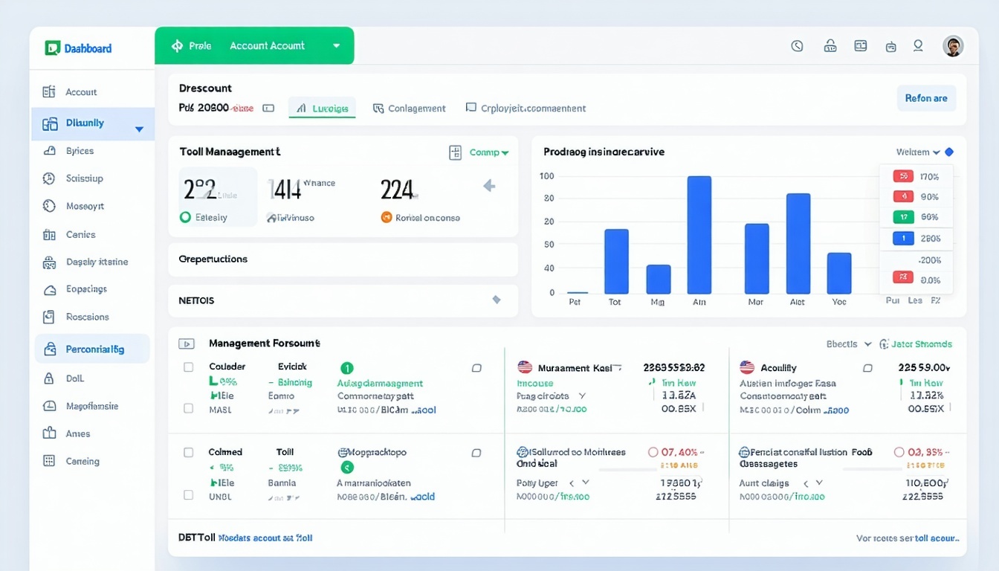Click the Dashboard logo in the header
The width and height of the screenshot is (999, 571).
[78, 48]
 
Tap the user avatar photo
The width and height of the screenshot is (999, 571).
[953, 46]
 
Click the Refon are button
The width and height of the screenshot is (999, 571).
[926, 98]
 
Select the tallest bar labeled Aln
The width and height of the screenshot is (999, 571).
[699, 235]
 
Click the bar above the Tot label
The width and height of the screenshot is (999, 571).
[616, 261]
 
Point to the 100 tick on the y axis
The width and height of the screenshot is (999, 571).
[547, 176]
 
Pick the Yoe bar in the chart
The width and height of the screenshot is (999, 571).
[839, 273]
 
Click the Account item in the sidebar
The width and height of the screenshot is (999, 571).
[80, 92]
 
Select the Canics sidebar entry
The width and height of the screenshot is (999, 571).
[80, 235]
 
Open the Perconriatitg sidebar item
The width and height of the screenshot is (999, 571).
[94, 349]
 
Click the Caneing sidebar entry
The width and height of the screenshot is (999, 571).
[82, 461]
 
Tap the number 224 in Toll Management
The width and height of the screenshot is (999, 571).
[396, 190]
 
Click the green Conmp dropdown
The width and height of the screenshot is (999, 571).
[488, 152]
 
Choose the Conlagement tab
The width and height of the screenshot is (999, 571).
[410, 109]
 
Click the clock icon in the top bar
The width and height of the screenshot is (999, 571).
[798, 46]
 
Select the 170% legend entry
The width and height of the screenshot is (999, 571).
[916, 177]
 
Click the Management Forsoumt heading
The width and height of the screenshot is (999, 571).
[264, 343]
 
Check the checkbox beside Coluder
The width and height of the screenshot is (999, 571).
[189, 367]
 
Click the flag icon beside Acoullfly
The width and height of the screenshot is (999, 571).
[747, 367]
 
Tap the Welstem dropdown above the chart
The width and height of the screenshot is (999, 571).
[918, 152]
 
